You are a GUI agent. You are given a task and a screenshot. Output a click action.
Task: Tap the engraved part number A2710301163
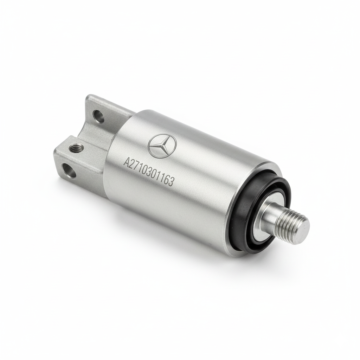click(148, 169)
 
